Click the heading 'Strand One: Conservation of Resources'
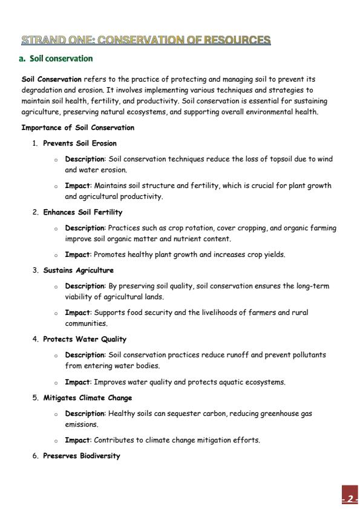point(146,41)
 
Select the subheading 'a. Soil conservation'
point(57,59)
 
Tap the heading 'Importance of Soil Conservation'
point(78,128)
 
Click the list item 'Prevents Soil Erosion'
point(80,143)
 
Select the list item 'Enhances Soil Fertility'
point(82,212)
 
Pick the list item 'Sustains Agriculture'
point(78,270)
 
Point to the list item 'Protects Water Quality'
point(84,339)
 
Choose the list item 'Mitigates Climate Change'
point(87,398)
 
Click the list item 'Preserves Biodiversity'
point(81,456)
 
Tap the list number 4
point(35,339)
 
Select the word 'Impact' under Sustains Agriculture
point(77,313)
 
